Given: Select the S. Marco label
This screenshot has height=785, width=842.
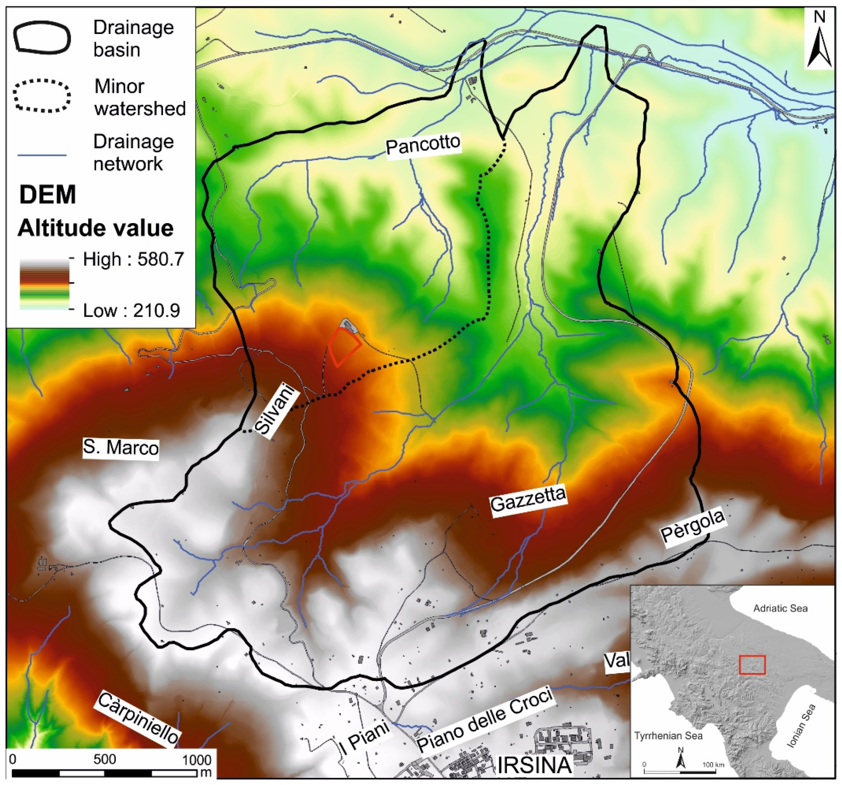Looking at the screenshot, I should tap(121, 447).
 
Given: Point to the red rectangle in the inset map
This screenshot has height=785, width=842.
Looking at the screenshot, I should tap(752, 665).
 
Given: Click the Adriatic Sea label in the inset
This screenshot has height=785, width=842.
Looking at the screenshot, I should tap(780, 608).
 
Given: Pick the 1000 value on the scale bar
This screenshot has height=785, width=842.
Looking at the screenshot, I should tap(197, 759).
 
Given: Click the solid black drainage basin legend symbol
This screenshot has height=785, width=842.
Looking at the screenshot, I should tap(42, 38).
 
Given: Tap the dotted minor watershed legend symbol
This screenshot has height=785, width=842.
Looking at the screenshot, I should tap(42, 97).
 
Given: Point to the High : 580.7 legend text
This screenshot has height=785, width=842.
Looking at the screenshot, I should tap(134, 259).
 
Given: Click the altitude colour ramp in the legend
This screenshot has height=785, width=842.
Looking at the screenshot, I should tap(45, 285).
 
